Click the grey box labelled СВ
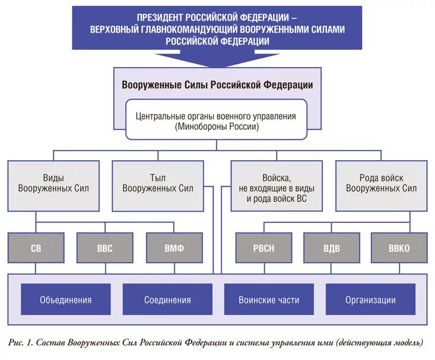pyautogui.click(x=36, y=248)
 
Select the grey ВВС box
pyautogui.click(x=104, y=248)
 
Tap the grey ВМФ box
pyautogui.click(x=174, y=248)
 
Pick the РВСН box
pyautogui.click(x=263, y=248)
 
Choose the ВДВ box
pyautogui.click(x=331, y=248)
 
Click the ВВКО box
pyautogui.click(x=399, y=248)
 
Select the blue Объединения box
pyautogui.click(x=65, y=300)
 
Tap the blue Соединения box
pyautogui.click(x=167, y=300)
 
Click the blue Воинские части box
pyautogui.click(x=269, y=300)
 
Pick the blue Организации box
pyautogui.click(x=370, y=300)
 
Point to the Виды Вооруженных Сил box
pyautogui.click(x=53, y=183)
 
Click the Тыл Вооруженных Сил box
pyautogui.click(x=158, y=183)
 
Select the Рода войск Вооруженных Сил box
pyautogui.click(x=381, y=183)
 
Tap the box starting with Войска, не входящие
pyautogui.click(x=276, y=187)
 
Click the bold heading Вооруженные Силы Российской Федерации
pyautogui.click(x=217, y=85)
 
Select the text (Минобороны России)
pyautogui.click(x=217, y=127)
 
